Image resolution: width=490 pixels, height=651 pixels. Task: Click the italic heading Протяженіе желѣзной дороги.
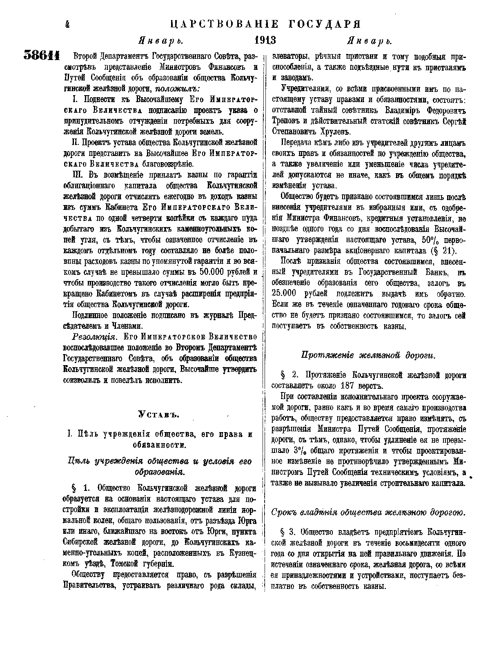368,355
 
